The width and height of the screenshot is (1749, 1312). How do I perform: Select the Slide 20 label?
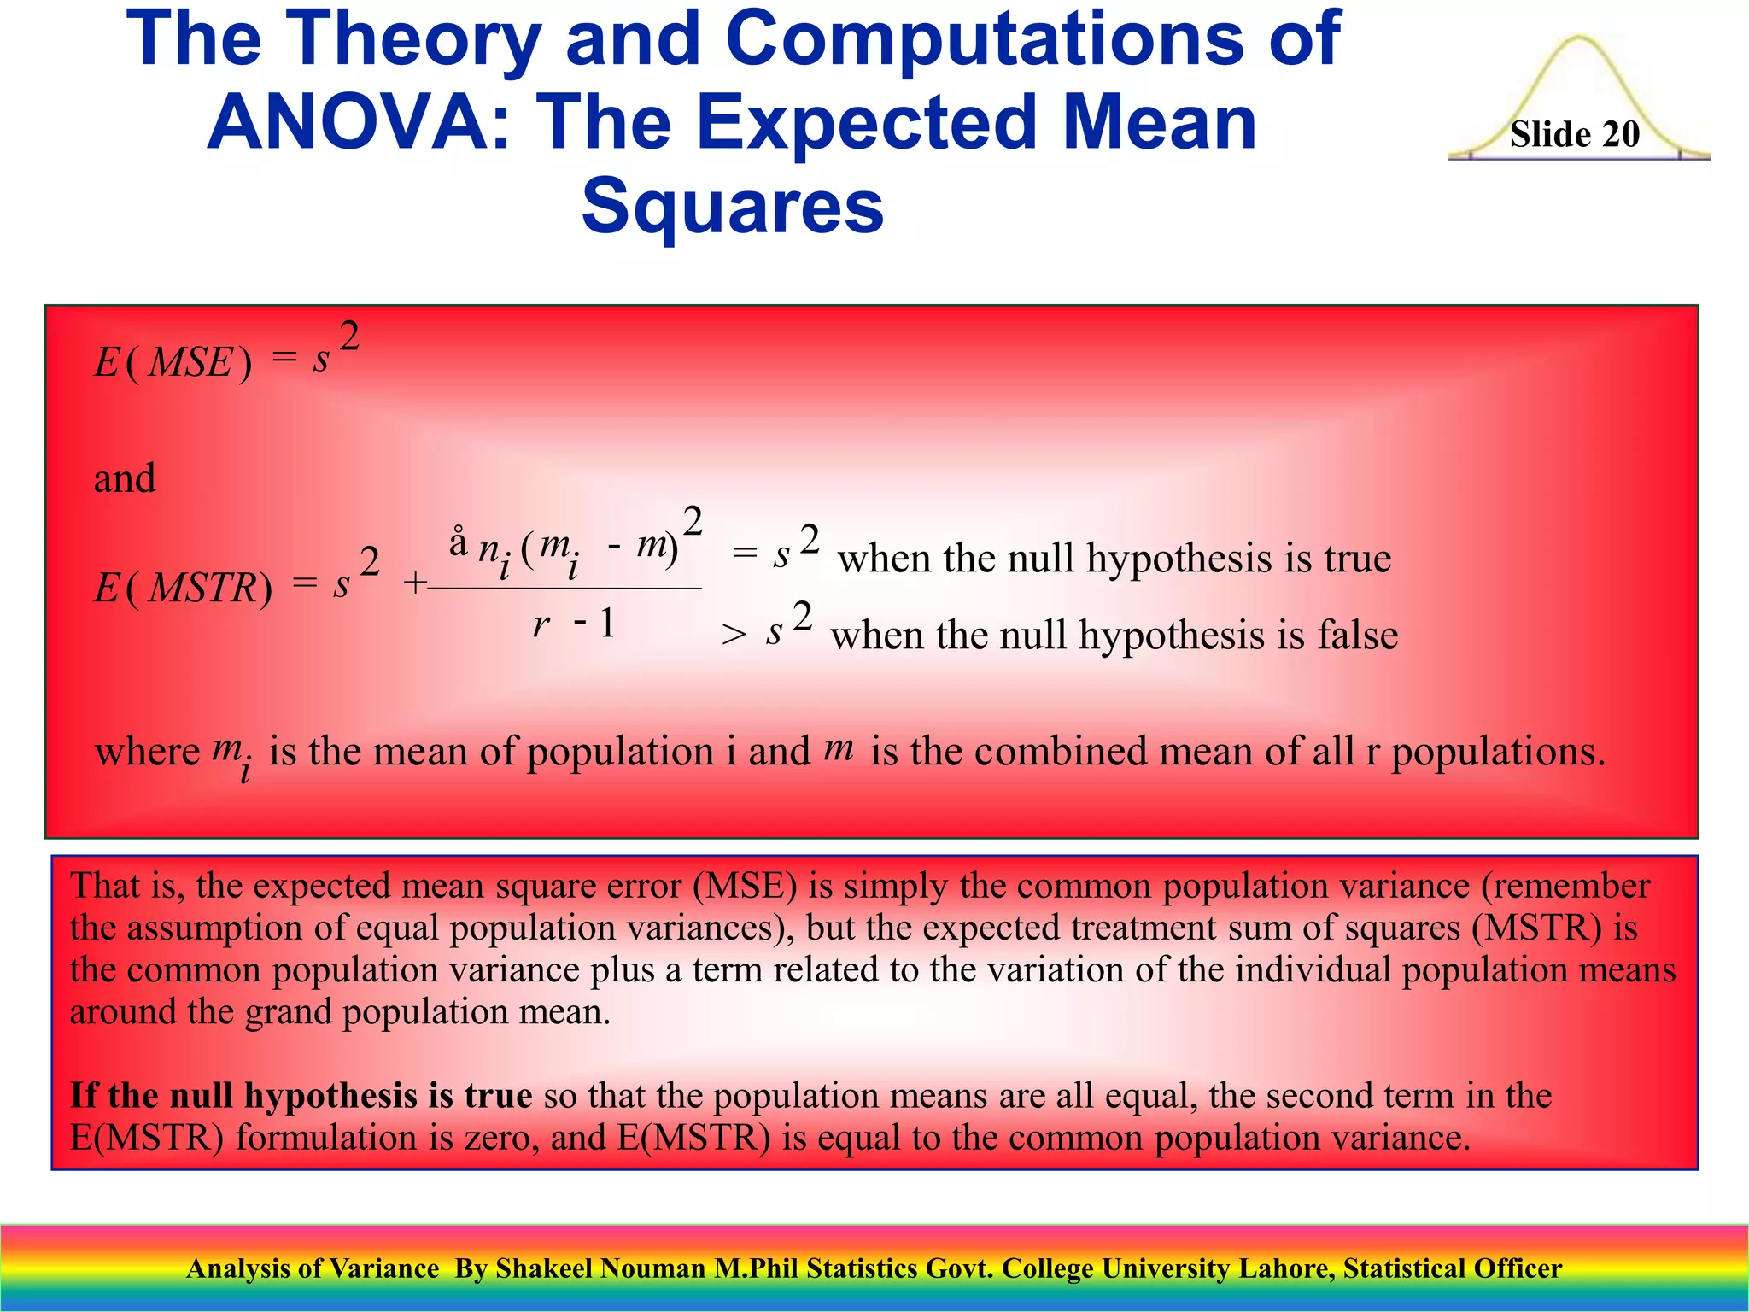pos(1574,134)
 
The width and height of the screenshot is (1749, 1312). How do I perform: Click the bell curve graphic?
pos(1580,77)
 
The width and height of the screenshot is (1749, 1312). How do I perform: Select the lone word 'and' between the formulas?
pos(125,478)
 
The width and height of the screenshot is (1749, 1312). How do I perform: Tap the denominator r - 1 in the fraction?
pos(573,624)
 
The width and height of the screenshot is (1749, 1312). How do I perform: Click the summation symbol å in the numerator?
pos(459,543)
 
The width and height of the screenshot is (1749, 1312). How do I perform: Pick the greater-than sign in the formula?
pos(734,635)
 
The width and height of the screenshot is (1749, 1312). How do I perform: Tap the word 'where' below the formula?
pos(147,753)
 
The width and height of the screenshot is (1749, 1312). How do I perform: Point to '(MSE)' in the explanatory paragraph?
pos(745,886)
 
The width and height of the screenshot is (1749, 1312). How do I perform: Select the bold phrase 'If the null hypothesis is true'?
pos(301,1096)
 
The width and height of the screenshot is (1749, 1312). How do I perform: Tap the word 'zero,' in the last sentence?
pos(501,1138)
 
